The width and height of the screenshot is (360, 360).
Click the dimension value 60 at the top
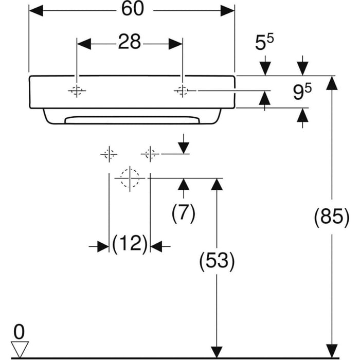pyautogui.click(x=131, y=10)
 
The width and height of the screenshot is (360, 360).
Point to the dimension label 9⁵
pyautogui.click(x=302, y=92)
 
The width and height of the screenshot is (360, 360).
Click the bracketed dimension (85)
pyautogui.click(x=332, y=218)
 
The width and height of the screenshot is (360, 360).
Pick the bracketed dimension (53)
pyautogui.click(x=217, y=262)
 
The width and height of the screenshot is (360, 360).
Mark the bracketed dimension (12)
pyautogui.click(x=130, y=243)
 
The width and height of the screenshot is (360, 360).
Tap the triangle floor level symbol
pyautogui.click(x=20, y=349)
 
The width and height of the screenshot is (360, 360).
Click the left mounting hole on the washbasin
pyautogui.click(x=77, y=91)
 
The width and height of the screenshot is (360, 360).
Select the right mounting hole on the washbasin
pyautogui.click(x=182, y=91)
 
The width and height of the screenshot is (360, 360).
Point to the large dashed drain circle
pyautogui.click(x=130, y=178)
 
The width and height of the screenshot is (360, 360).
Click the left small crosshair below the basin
pyautogui.click(x=109, y=154)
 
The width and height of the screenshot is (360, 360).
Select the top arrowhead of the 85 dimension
pyautogui.click(x=332, y=83)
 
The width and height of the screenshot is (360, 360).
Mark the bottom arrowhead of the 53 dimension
pyautogui.click(x=217, y=351)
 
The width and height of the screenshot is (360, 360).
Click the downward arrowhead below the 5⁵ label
pyautogui.click(x=265, y=68)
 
